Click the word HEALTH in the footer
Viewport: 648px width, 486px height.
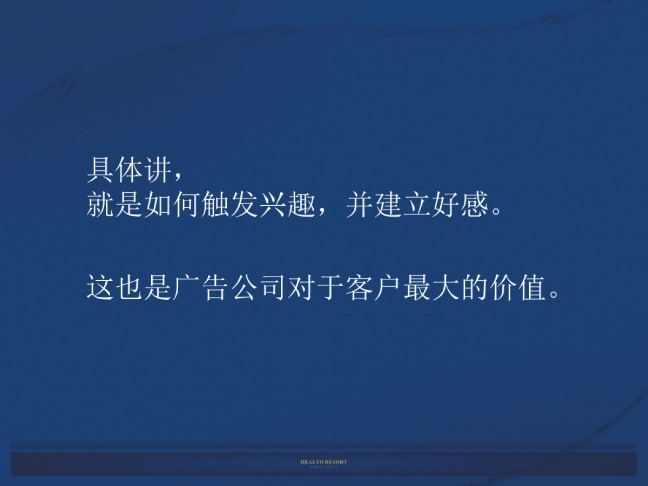[x=313, y=462]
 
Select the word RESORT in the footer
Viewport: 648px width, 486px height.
[x=336, y=462]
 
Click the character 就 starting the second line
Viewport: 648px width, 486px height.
[x=100, y=205]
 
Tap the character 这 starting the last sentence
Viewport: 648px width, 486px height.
[x=100, y=287]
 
